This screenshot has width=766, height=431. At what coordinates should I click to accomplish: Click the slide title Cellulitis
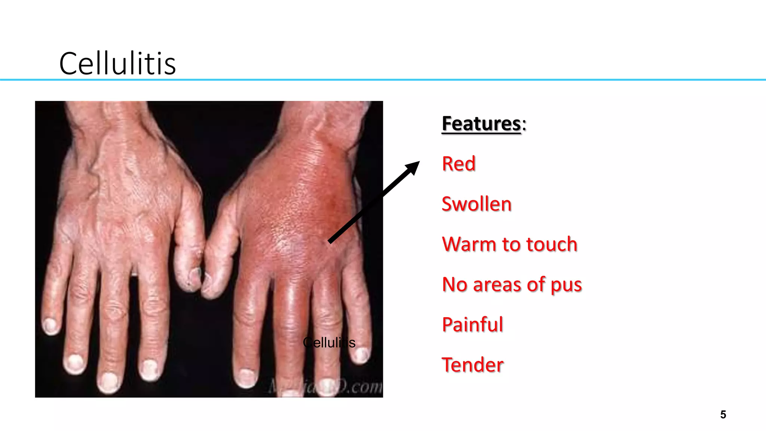117,64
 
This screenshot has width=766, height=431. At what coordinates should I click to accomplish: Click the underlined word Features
481,123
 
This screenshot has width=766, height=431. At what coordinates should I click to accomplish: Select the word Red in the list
459,164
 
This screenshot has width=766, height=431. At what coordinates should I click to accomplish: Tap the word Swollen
476,204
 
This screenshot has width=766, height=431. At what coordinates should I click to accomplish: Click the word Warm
469,244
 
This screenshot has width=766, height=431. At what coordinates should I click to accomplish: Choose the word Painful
472,324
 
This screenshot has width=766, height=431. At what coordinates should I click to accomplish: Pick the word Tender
472,365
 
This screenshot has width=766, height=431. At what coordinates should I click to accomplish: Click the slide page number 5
723,415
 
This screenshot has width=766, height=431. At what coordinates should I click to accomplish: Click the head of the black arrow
413,167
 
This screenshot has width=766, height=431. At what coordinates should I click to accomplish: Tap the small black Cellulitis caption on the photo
329,342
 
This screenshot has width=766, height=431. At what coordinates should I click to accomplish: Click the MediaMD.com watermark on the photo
325,386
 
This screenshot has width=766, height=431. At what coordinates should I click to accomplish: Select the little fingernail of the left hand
50,325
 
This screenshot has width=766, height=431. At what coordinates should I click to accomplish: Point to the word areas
497,285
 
